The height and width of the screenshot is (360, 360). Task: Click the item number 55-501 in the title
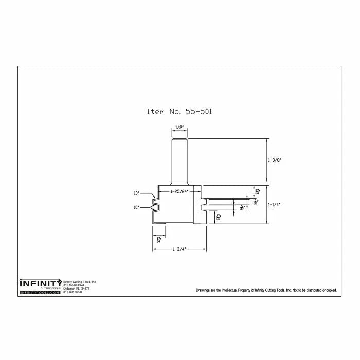coord(199,111)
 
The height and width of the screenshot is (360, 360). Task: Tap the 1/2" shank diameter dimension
coord(179,127)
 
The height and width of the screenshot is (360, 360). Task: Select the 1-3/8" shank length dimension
coord(275,160)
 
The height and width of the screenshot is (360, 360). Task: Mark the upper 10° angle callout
coord(136,193)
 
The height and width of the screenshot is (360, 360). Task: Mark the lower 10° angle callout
coord(136,207)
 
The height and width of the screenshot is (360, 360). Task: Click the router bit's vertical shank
coord(179,159)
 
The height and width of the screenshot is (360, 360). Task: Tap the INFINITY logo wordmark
coord(41,282)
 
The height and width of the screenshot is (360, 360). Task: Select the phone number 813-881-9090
coord(72,292)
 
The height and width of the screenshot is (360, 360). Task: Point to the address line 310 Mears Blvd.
coord(74,285)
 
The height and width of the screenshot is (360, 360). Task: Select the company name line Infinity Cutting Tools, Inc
coord(79,282)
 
